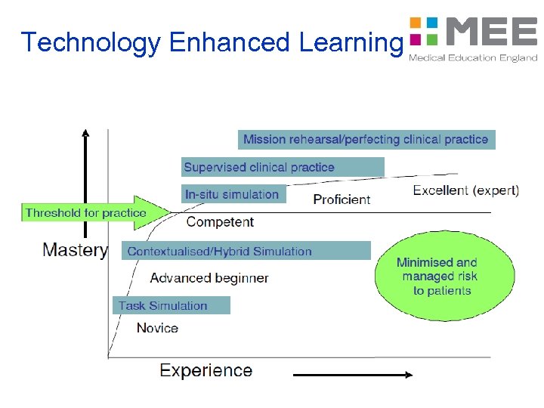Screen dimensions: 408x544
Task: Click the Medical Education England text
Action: point(473,58)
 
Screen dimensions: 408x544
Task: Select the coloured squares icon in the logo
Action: point(423,31)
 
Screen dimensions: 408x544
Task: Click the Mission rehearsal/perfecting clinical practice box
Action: point(366,139)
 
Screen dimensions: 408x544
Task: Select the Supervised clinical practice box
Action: point(283,167)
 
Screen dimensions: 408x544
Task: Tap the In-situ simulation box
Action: point(233,194)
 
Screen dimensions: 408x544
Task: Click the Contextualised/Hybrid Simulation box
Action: point(246,251)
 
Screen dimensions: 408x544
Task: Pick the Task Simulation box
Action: point(171,305)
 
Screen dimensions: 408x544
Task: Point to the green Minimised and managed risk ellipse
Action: point(437,277)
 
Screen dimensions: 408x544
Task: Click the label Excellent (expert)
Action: point(465,190)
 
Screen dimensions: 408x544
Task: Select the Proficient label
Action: point(342,199)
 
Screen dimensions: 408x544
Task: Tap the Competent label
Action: point(220,222)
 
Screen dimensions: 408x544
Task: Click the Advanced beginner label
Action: point(209,278)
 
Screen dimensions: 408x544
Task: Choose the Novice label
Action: point(157,328)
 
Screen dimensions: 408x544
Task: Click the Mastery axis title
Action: point(75,250)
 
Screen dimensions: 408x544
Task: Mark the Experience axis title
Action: point(206,370)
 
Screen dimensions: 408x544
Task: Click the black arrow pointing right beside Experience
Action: point(353,374)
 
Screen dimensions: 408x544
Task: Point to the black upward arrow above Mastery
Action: point(85,181)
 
